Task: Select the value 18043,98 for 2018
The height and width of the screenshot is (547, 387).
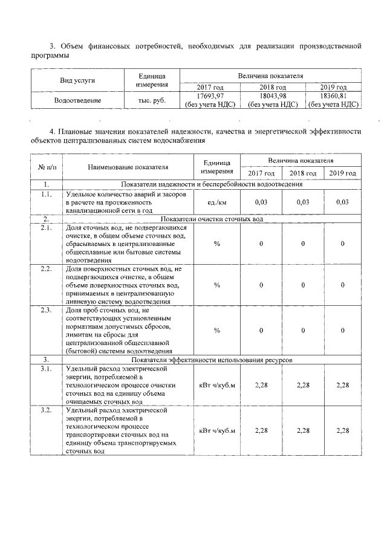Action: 273,96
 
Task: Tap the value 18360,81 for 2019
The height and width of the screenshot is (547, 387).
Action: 333,96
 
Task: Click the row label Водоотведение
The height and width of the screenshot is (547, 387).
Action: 77,100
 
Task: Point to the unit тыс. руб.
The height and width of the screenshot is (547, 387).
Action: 152,100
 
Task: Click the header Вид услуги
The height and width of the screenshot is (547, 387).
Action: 77,80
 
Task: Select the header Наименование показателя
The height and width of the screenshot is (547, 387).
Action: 128,167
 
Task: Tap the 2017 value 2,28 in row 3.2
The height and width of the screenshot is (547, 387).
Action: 261,430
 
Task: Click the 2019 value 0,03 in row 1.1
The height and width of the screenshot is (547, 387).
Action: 342,202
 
